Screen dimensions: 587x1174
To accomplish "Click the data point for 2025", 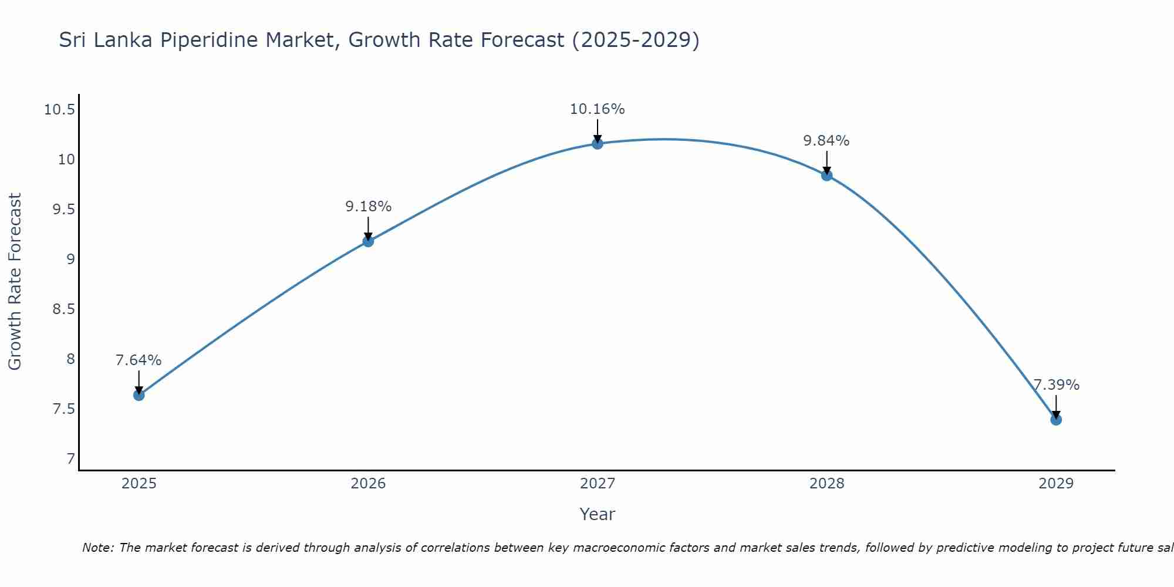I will pos(139,395).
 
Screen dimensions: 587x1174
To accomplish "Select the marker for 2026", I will pos(368,241).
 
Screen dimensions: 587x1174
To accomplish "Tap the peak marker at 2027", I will pos(598,144).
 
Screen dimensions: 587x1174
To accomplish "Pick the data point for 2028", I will pos(827,176).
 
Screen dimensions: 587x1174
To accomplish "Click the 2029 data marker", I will pos(1056,420).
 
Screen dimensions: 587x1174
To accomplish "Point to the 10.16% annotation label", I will pos(598,109).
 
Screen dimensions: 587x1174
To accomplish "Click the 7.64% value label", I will pos(139,360).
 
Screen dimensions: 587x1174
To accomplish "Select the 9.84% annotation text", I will pos(826,141).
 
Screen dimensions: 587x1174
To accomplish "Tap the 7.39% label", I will pos(1056,385).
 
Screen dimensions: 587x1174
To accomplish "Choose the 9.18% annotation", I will pos(368,207).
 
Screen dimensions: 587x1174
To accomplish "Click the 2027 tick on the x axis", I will pos(598,484).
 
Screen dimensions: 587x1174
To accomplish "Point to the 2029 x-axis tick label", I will pos(1056,484).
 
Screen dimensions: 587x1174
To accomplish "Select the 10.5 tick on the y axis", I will pos(59,110).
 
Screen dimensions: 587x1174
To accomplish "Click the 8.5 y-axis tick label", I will pos(63,309).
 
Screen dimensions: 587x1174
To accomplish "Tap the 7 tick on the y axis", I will pos(71,458).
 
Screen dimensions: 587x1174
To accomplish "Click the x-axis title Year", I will pos(598,514).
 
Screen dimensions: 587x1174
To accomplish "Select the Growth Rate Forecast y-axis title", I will pos(15,282).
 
